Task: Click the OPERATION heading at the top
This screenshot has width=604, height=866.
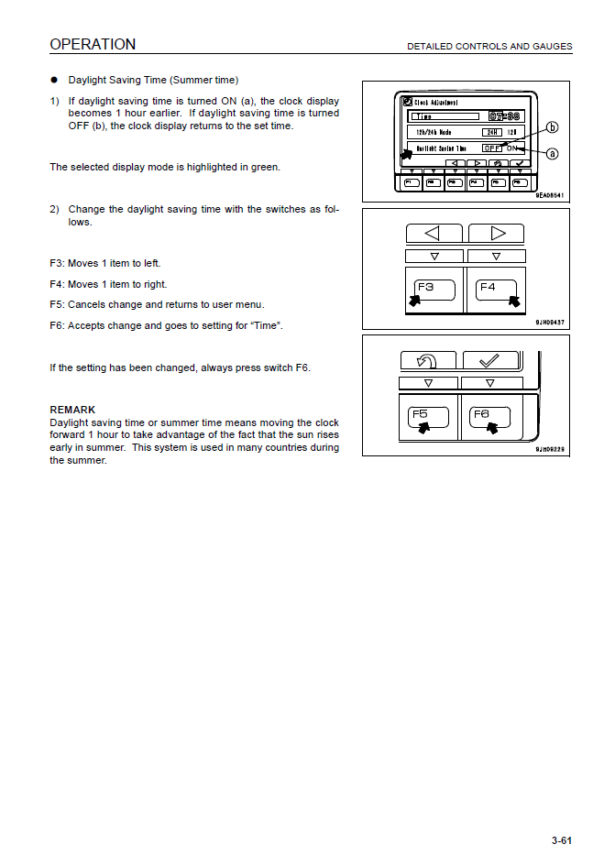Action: coord(93,44)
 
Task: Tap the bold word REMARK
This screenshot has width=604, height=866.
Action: coord(72,410)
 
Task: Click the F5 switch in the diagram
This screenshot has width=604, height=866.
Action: coord(428,417)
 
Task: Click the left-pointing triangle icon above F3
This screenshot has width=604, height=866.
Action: coord(433,233)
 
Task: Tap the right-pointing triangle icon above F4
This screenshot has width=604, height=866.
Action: coord(496,233)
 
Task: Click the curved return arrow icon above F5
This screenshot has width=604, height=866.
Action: coord(428,360)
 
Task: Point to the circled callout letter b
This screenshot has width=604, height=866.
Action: coord(553,127)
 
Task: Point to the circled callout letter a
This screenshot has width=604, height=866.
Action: coord(553,153)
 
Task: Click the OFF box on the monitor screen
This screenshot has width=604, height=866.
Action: coord(493,148)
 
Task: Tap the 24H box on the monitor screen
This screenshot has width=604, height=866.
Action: coord(492,132)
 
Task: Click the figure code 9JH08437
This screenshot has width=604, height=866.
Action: coord(549,323)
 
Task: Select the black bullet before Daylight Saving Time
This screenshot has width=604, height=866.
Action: coord(55,81)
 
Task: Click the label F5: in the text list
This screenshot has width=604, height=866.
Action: coord(58,304)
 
